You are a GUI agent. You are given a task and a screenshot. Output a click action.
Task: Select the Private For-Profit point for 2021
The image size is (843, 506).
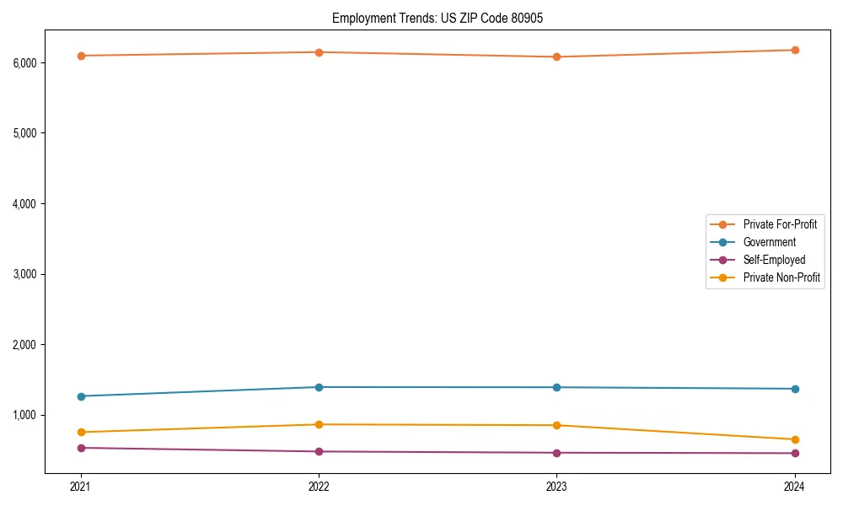tap(81, 56)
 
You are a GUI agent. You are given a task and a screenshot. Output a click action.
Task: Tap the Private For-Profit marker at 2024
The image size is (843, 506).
tap(795, 50)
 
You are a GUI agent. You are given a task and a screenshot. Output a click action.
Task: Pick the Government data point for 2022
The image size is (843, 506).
tap(319, 387)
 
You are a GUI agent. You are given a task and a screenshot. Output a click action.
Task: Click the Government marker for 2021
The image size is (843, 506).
tap(81, 396)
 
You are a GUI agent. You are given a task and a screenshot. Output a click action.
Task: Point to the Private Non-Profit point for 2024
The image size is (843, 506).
tap(795, 439)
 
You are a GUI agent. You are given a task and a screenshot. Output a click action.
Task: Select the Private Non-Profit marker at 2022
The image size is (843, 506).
tap(319, 424)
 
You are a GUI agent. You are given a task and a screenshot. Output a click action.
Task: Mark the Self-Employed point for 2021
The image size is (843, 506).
tap(81, 448)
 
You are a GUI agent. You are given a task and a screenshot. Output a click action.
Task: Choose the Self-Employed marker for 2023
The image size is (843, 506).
tap(556, 453)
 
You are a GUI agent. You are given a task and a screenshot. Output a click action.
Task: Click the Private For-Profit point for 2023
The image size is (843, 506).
tap(556, 57)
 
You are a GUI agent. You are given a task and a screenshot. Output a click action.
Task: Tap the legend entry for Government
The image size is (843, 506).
tap(769, 242)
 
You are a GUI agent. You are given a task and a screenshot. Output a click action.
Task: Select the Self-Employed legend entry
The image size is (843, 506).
tap(774, 260)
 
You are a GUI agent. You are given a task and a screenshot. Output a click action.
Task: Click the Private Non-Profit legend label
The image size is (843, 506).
tap(781, 277)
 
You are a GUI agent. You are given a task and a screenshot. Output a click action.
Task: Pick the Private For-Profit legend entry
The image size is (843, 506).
tap(779, 224)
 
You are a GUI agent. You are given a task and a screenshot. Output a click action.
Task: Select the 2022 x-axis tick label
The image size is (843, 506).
tap(319, 486)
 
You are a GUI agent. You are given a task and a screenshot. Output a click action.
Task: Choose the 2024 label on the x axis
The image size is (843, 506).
tap(795, 486)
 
